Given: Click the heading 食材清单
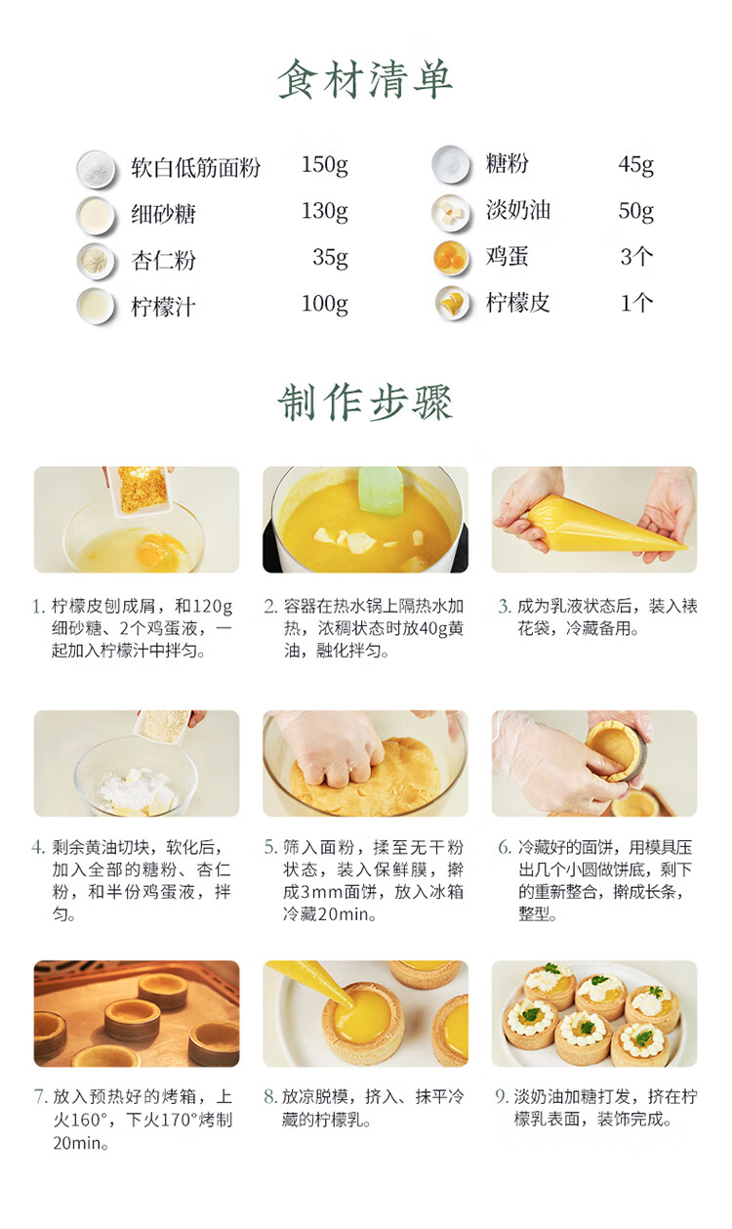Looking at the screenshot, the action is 365,79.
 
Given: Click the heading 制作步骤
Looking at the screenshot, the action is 365,403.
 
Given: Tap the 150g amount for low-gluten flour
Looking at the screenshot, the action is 325,164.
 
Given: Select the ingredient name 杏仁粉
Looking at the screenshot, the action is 163,260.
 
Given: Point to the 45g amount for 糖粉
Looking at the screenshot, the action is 636,164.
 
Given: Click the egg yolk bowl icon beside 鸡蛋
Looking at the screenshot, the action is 451,257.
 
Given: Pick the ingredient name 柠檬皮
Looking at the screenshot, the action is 517,302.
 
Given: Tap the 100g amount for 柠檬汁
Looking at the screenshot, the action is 325,304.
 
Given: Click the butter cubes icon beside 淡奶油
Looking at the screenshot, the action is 451,212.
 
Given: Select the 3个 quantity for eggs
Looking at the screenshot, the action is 636,257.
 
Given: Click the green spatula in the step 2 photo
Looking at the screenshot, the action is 381,490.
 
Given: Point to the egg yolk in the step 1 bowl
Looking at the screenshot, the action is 156,549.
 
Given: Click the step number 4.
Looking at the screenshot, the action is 38,847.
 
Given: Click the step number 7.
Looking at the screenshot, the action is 39,1096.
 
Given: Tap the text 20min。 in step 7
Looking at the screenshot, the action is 81,1143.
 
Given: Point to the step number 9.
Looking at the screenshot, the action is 501,1096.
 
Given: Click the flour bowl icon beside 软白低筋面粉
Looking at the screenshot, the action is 96,169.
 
